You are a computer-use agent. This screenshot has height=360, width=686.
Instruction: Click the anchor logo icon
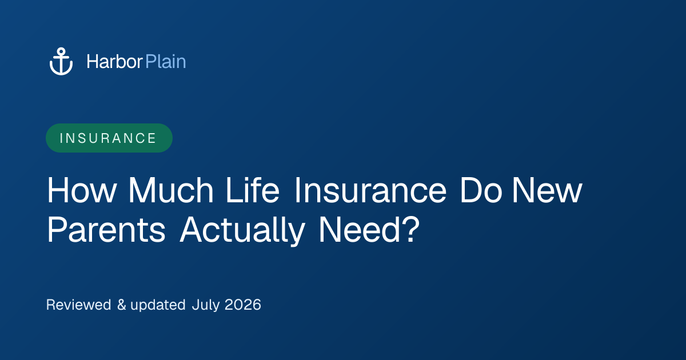point(61,61)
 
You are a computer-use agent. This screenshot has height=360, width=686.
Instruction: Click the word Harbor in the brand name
point(114,62)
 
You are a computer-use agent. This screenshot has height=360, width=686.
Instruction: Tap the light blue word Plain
point(166,62)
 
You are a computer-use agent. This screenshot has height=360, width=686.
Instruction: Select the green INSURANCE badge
point(109,138)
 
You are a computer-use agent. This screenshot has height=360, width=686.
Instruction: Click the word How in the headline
point(81,190)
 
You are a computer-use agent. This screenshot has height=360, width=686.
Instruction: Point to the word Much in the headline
point(171,190)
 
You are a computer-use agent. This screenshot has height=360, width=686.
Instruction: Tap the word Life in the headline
point(253,190)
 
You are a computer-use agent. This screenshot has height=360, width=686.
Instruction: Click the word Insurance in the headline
point(370,190)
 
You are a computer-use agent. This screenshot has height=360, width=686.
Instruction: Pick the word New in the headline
point(547,190)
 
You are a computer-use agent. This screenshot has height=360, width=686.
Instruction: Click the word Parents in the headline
point(106,230)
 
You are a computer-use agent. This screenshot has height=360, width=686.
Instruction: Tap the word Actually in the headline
point(242,230)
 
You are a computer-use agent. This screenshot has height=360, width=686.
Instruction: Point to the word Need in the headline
point(360,229)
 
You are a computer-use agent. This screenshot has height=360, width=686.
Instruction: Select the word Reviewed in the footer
point(79,305)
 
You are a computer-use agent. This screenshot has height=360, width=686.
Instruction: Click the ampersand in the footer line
point(122,305)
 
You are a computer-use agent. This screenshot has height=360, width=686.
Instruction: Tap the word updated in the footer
point(158,305)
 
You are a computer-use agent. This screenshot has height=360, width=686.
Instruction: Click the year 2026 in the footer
point(243,305)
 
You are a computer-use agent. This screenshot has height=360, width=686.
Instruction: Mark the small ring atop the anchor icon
point(61,51)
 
